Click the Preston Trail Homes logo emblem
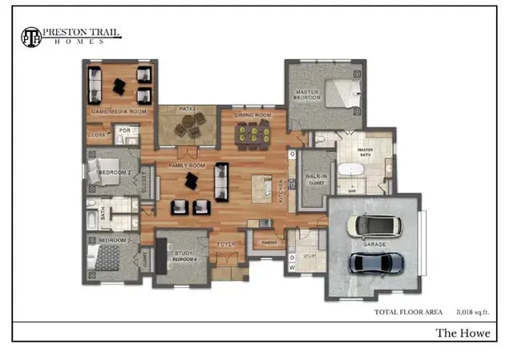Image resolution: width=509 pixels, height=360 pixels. [x=30, y=37]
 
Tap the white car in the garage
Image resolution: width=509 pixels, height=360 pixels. [x=376, y=226]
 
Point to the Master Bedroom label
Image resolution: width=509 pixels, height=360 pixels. [x=306, y=94]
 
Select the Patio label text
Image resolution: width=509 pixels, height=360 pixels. [x=188, y=108]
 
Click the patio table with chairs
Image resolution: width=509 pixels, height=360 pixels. [x=190, y=125]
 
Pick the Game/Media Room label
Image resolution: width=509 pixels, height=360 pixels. [x=118, y=111]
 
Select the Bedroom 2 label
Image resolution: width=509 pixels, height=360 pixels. [x=115, y=172]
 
